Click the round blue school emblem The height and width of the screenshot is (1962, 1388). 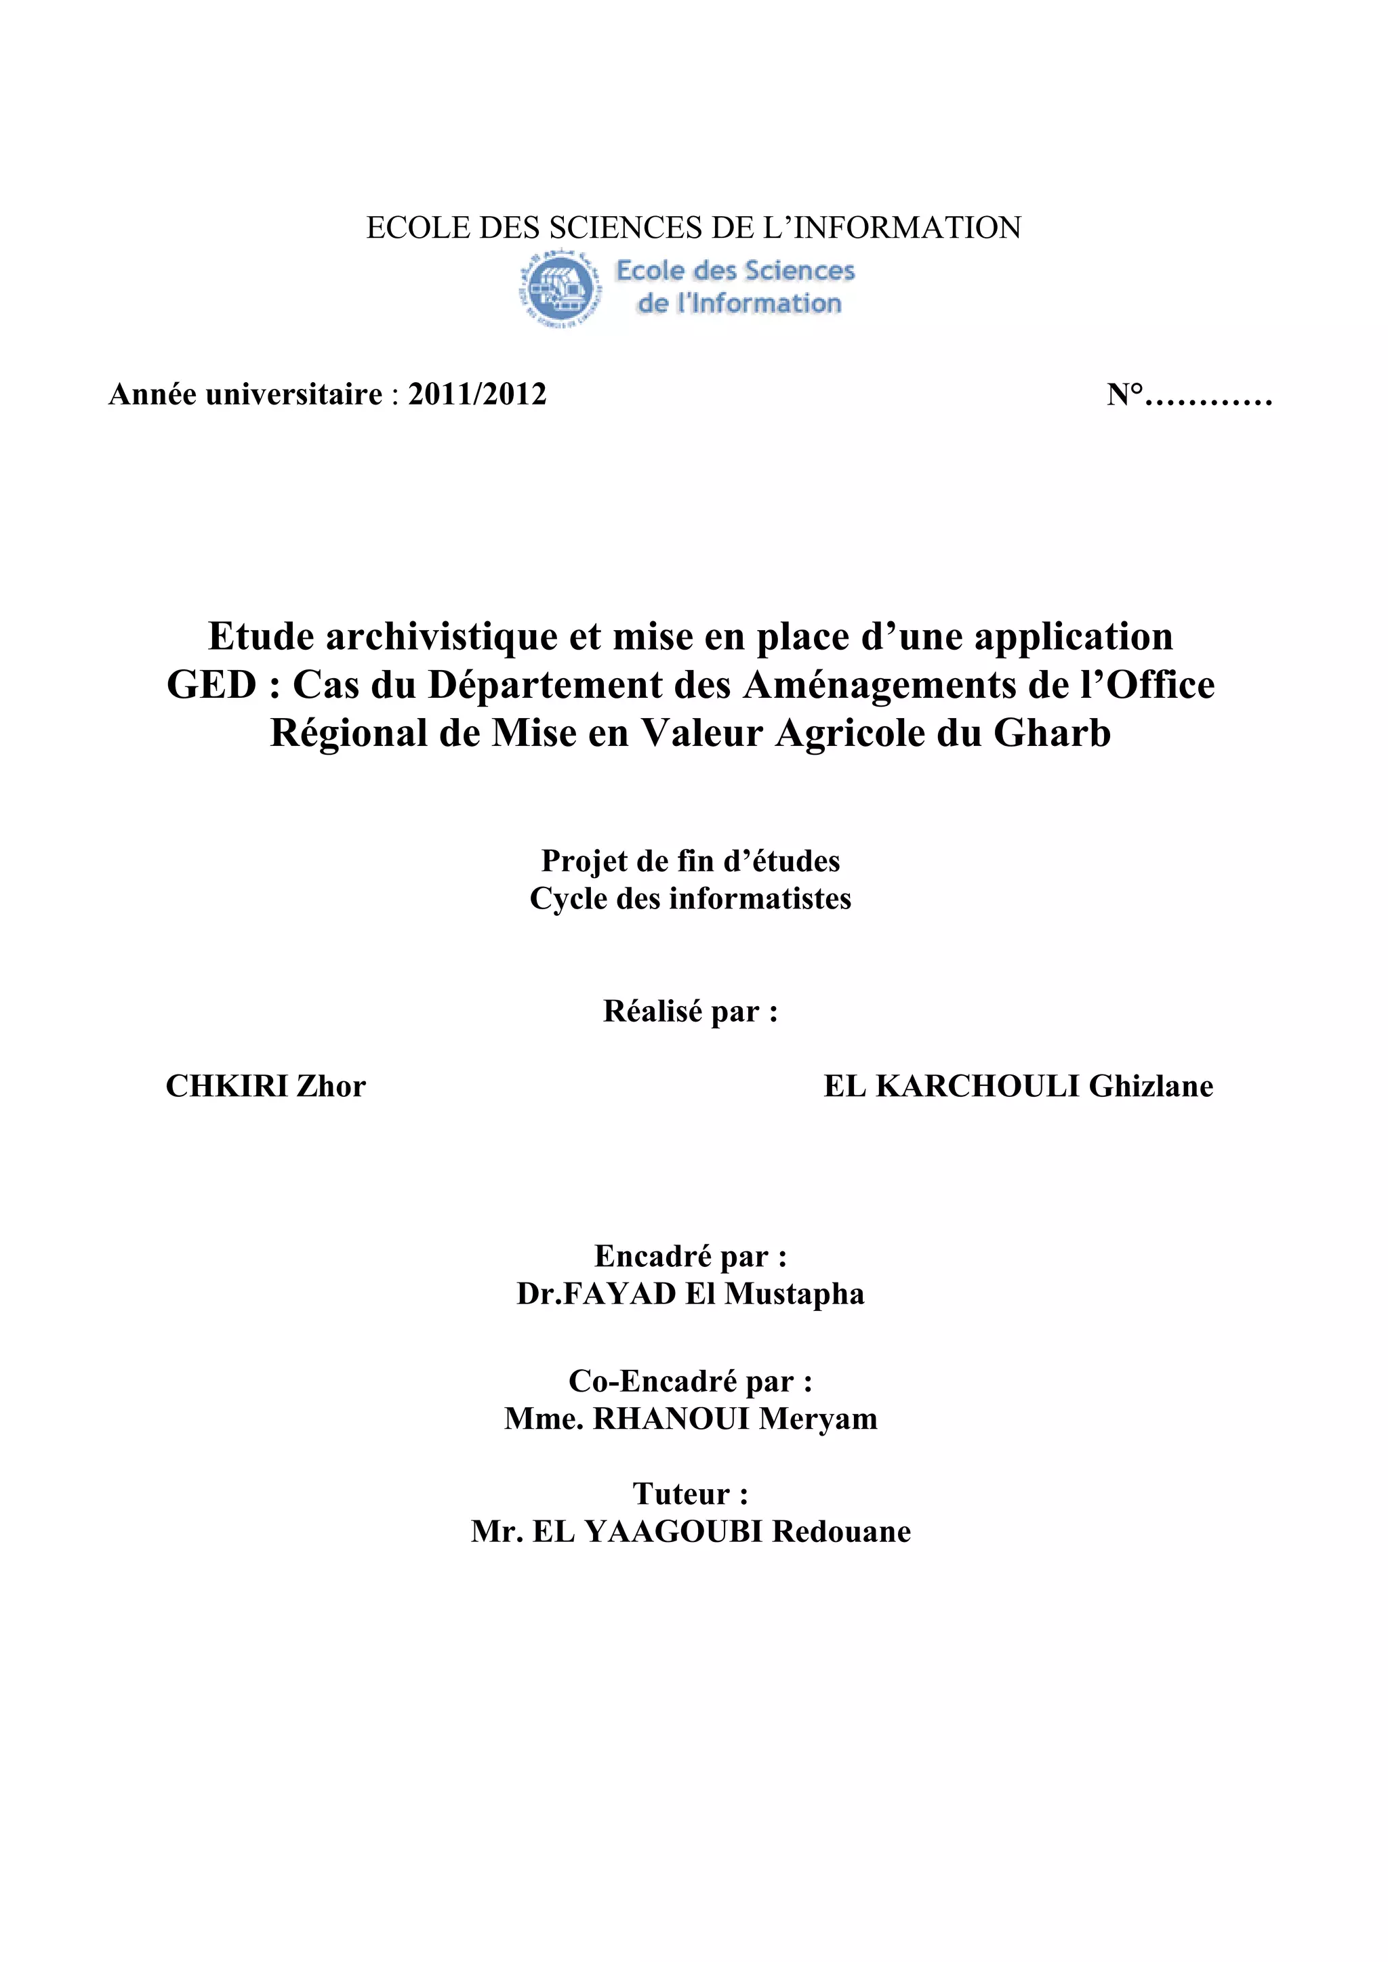(x=559, y=289)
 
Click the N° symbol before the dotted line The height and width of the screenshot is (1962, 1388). (x=1125, y=395)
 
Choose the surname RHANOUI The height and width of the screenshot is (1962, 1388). (x=671, y=1419)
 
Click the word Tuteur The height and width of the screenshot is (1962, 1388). (x=681, y=1494)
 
